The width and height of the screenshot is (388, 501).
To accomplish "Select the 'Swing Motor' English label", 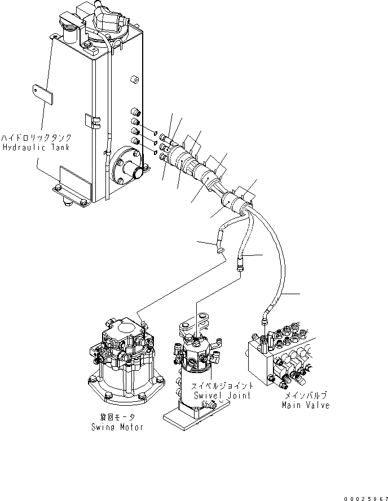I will (x=117, y=427).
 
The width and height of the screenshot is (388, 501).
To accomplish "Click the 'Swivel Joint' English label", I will (x=224, y=396).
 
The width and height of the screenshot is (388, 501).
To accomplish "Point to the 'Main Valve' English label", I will (x=307, y=405).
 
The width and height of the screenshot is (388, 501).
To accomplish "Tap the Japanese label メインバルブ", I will (x=307, y=396).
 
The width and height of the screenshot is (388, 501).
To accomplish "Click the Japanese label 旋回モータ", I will (x=117, y=418).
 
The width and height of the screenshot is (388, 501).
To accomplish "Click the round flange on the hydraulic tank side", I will (x=127, y=169).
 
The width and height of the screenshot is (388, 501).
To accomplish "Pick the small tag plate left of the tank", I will (x=42, y=94).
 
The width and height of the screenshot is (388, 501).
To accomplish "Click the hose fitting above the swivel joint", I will (x=240, y=265).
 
